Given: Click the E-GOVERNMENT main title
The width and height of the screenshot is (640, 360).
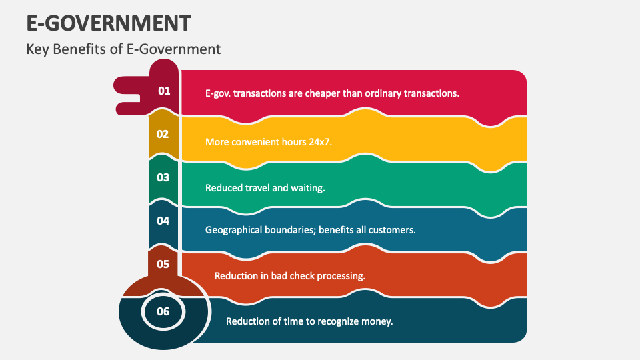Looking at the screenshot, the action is (x=109, y=23).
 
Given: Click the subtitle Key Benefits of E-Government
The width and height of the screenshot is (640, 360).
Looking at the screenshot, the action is (x=123, y=49).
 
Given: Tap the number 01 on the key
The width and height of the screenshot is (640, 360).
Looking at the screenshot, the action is (x=164, y=91).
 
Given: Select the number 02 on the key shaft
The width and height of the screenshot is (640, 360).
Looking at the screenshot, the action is (x=163, y=134).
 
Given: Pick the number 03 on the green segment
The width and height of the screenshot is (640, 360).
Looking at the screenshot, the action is (x=163, y=177).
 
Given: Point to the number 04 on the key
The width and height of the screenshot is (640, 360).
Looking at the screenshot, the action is (x=163, y=221).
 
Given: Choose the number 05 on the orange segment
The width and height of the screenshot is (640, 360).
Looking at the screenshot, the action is (x=163, y=264).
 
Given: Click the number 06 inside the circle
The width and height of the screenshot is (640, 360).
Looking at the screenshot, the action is (x=163, y=311).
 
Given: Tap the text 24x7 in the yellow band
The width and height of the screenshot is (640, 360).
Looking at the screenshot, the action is (x=321, y=142).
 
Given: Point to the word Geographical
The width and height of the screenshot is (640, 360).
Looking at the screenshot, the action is (x=233, y=230).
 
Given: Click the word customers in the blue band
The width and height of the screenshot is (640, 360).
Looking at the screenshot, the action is (x=394, y=230).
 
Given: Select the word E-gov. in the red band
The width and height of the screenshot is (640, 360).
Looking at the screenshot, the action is (x=218, y=93).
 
